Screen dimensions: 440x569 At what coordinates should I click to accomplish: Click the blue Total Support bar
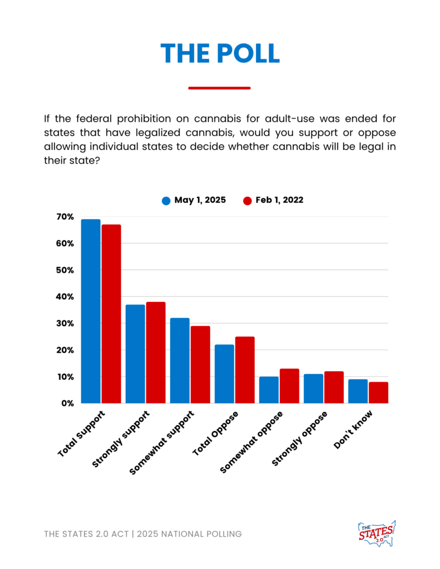[91, 311]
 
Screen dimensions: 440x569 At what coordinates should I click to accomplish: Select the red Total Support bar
[111, 314]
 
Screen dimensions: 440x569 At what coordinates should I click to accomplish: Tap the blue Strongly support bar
[135, 354]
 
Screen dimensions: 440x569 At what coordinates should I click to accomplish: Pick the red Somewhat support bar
[200, 365]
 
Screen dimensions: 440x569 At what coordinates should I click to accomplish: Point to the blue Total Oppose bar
[224, 374]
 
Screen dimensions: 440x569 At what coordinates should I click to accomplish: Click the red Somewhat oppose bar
[289, 386]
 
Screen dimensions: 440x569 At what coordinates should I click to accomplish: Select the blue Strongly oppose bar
[313, 388]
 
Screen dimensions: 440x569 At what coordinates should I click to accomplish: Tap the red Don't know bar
[378, 393]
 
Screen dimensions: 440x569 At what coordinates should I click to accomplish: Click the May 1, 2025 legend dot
[166, 201]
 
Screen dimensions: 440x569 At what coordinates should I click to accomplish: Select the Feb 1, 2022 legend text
[279, 200]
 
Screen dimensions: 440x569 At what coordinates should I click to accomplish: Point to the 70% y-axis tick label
[65, 217]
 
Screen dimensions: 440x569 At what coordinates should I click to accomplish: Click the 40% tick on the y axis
[65, 297]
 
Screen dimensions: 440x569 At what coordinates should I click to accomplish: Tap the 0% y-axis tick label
[67, 403]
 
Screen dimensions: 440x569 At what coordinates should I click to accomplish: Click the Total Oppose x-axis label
[215, 433]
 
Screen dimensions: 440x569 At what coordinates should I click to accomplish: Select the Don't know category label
[353, 430]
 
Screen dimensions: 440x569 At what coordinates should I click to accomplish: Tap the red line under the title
[220, 88]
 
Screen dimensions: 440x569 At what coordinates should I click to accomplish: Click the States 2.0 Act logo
[377, 533]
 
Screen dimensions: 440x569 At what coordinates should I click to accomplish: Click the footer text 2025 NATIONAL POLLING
[189, 534]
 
